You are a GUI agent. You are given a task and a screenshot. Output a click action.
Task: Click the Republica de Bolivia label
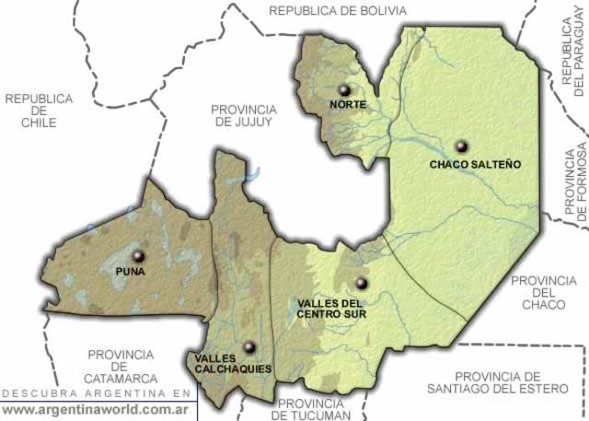337,10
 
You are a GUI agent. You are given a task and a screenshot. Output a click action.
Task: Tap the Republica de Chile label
38,111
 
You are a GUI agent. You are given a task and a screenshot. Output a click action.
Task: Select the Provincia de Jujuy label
243,114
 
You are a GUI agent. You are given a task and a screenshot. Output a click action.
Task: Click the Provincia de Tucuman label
313,409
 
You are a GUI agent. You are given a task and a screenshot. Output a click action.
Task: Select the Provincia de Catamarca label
121,366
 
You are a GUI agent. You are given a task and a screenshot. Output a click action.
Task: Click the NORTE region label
348,104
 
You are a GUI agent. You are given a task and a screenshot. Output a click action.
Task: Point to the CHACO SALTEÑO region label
475,164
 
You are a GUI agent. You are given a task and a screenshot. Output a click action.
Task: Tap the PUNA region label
131,273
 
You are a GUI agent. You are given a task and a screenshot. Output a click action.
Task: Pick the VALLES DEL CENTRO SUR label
332,309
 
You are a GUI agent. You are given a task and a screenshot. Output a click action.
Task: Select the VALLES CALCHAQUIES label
233,363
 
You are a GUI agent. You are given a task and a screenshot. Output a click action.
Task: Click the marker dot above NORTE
344,89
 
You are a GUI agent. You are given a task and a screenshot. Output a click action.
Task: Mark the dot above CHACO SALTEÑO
460,146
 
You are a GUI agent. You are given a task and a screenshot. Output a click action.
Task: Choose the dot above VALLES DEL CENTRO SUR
361,283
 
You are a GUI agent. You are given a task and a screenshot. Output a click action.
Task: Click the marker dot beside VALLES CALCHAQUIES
248,347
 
